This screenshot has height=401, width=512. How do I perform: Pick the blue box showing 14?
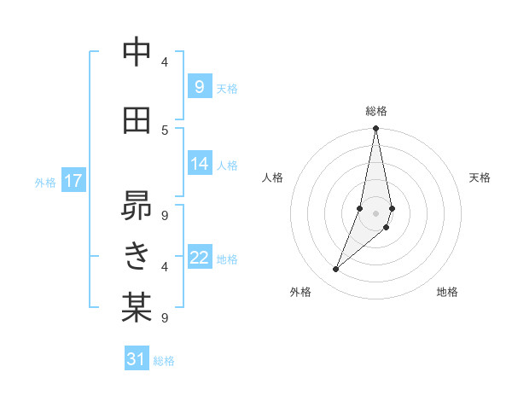200,163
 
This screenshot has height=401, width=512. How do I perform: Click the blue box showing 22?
200,258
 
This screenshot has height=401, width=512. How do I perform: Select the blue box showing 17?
73,181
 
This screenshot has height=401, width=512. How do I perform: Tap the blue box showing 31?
137,359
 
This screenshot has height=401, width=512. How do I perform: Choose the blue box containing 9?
200,87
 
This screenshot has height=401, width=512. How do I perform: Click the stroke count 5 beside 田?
165,130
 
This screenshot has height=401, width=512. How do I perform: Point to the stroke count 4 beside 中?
165,61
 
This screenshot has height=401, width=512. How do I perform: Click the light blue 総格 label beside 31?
164,361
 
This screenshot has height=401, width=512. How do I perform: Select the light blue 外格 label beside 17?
45,182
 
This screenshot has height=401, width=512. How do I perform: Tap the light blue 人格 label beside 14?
227,165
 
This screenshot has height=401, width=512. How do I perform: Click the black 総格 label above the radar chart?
376,111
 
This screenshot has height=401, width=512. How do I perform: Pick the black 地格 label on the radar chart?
447,292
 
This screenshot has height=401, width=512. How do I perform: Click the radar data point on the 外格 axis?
336,270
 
